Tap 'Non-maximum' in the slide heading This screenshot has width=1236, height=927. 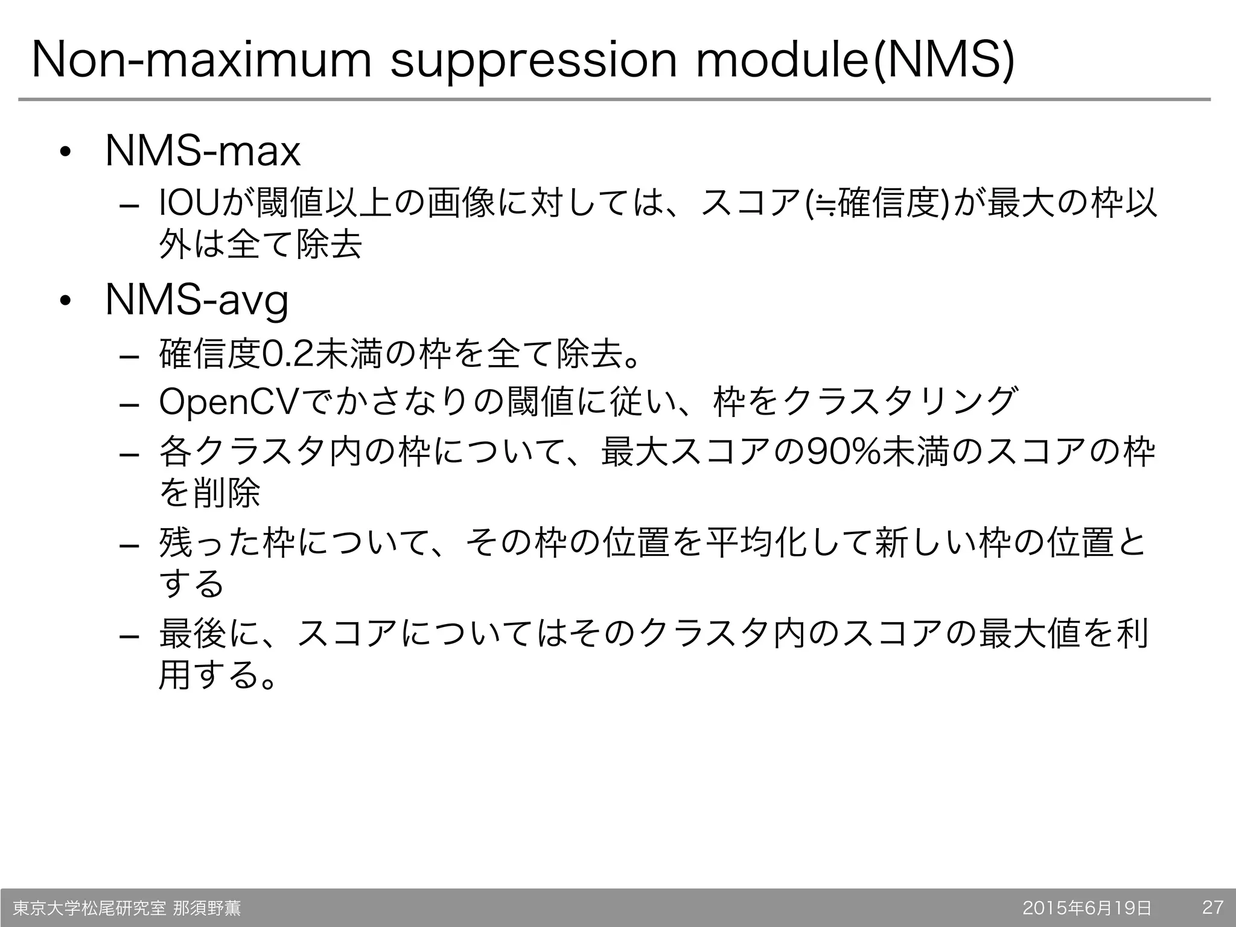point(200,60)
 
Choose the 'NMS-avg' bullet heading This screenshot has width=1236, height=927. point(197,301)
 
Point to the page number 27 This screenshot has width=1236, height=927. point(1212,908)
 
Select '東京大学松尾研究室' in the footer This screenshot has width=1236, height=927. point(89,908)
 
